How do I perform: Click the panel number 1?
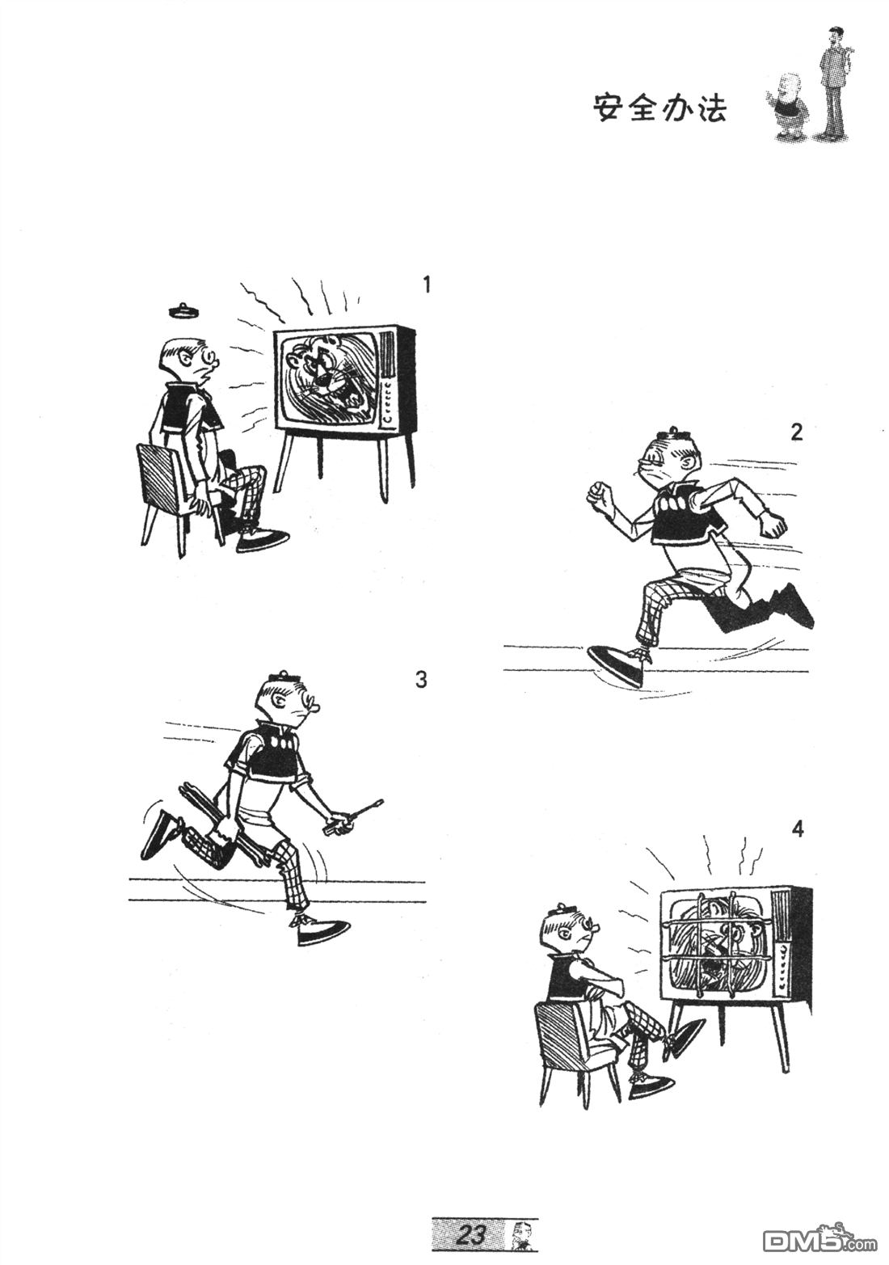point(427,284)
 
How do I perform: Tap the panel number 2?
point(796,432)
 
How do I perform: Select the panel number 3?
point(421,680)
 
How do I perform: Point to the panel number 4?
point(797,829)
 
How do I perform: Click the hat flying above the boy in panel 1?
point(184,310)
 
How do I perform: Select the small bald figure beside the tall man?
point(785,106)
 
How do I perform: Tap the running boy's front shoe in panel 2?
point(617,664)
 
